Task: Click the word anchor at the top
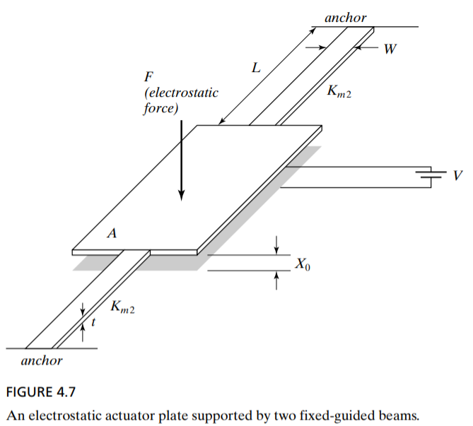[x=346, y=18]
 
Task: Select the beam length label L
[x=255, y=69]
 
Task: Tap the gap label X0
[x=302, y=265]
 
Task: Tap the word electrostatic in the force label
[x=181, y=93]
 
